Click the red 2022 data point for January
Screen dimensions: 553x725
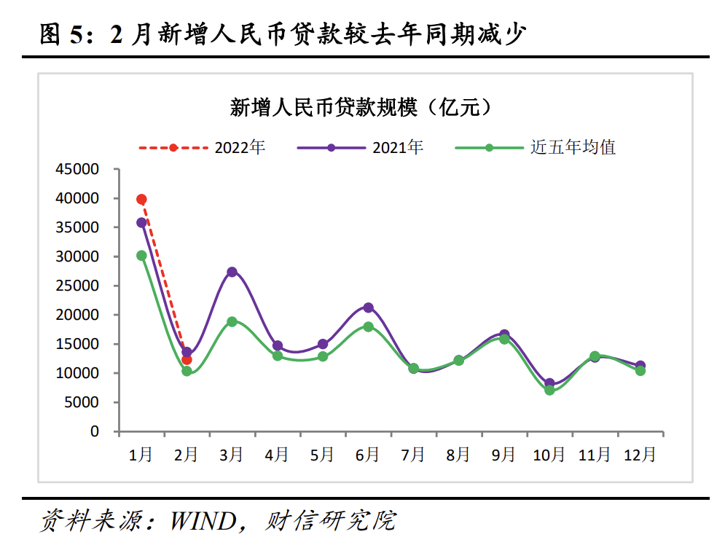(x=141, y=200)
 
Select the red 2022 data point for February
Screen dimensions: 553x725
(x=187, y=360)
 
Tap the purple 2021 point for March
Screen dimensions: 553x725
(x=232, y=272)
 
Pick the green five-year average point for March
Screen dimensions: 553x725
(x=232, y=321)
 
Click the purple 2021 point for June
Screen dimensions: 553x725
(x=368, y=307)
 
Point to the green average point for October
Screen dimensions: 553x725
(x=549, y=391)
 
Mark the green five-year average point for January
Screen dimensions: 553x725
(x=141, y=256)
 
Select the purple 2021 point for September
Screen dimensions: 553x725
(x=504, y=334)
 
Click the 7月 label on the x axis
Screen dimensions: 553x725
(x=413, y=455)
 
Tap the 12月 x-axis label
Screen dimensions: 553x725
(x=640, y=455)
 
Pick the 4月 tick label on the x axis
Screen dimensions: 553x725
(x=277, y=455)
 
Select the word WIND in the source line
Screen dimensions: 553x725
(x=203, y=521)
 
